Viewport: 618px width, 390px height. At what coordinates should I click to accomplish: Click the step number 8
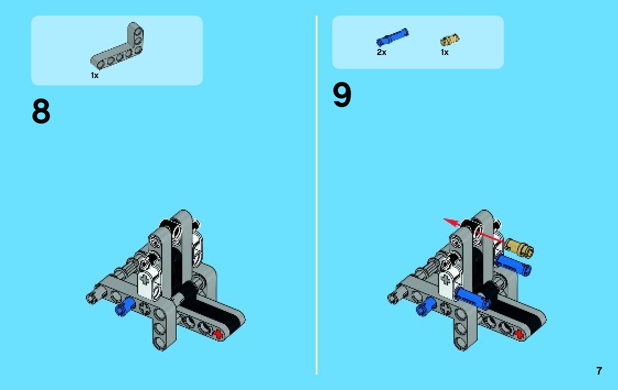click(41, 111)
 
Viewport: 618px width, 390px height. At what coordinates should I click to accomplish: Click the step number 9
click(342, 95)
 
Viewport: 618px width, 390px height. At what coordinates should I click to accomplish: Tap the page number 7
click(599, 371)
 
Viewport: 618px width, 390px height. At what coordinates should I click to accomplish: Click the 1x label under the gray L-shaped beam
click(95, 75)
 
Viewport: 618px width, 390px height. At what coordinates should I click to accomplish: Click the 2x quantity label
click(381, 52)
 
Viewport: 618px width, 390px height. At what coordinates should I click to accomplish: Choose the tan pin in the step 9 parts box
click(450, 40)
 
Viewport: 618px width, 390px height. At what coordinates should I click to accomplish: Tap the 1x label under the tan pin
click(445, 52)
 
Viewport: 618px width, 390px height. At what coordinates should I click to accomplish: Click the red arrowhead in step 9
click(451, 223)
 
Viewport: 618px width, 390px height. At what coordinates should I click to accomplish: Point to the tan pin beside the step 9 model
click(519, 248)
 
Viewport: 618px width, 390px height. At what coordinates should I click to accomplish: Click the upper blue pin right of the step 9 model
click(513, 265)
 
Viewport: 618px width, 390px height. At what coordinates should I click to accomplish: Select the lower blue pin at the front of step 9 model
click(472, 298)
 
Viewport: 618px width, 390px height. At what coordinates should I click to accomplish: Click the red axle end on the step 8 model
click(218, 334)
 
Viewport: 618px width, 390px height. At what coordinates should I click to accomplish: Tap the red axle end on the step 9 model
click(519, 334)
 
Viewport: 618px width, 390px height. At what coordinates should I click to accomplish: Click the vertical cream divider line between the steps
click(316, 195)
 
